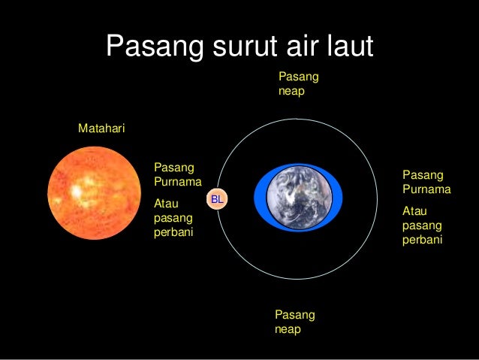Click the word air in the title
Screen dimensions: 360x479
[x=297, y=47]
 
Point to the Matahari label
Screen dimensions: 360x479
[x=101, y=129]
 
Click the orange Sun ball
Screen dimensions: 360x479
[x=94, y=192]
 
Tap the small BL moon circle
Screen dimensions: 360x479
[x=217, y=199]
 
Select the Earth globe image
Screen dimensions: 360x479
[x=298, y=198]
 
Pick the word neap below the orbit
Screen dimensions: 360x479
[x=288, y=328]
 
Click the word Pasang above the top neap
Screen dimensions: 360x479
[x=298, y=77]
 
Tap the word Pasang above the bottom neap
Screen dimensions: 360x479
[x=294, y=314]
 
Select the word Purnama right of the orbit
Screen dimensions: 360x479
[x=426, y=189]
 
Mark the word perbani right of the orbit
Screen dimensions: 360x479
[x=423, y=241]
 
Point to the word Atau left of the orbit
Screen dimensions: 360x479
[x=167, y=203]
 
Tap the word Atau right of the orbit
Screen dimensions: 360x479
[x=416, y=211]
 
